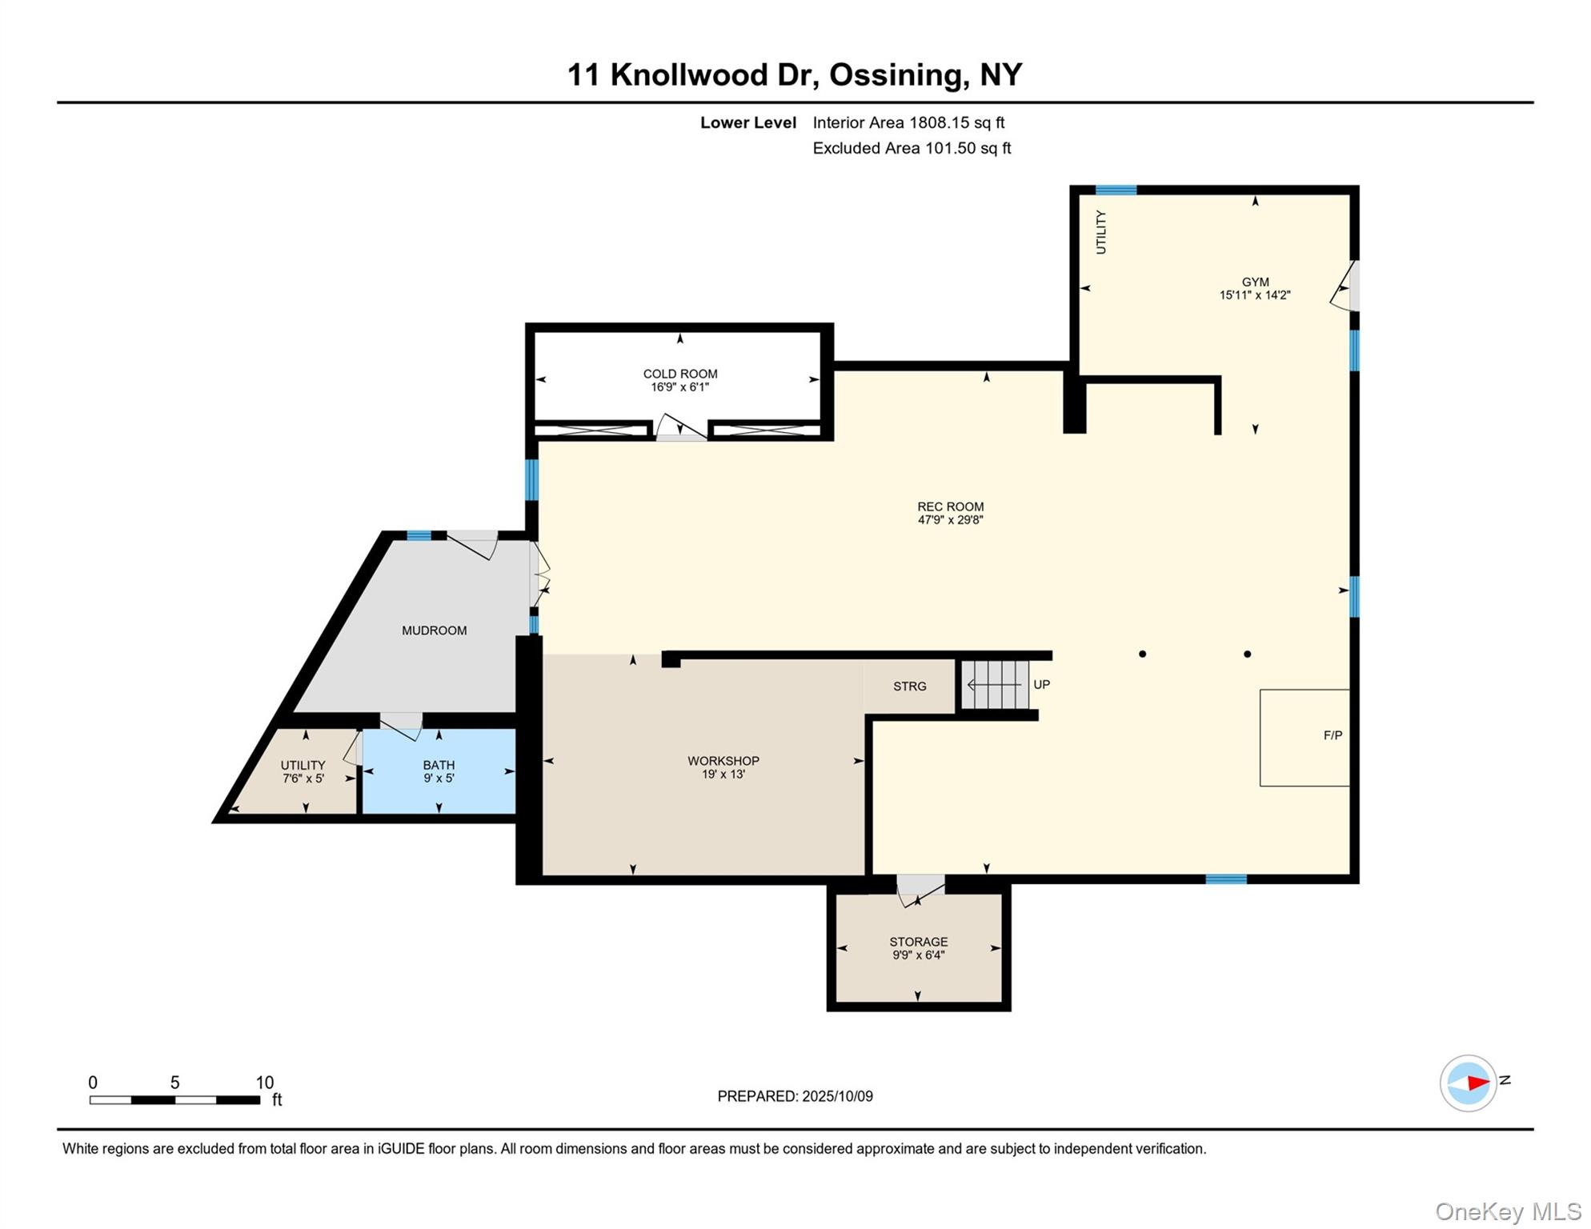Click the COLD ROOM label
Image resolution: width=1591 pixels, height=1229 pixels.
point(679,374)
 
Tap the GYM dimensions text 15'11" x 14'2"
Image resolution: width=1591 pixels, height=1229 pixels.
point(1254,295)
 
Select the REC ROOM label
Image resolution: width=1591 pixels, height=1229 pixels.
point(950,506)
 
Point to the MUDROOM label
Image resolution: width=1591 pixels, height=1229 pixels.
point(434,631)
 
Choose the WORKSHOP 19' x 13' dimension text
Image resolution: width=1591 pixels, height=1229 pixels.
point(723,775)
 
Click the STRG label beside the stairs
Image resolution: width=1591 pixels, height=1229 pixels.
point(909,687)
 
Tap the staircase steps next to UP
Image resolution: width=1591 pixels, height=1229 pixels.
point(994,685)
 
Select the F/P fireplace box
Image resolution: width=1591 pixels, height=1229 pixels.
point(1304,738)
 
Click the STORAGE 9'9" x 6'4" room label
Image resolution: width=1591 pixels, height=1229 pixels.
point(918,948)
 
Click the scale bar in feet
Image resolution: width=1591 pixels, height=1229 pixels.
point(174,1100)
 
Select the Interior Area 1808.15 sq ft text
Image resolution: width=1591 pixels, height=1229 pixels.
point(908,122)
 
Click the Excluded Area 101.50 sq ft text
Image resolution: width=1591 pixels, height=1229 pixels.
point(912,148)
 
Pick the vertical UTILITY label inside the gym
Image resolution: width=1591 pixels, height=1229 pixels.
point(1100,233)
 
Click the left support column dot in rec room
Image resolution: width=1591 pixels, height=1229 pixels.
point(1142,655)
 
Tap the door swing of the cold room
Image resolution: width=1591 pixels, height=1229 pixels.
point(680,427)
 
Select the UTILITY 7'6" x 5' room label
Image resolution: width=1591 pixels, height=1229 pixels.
point(303,771)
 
